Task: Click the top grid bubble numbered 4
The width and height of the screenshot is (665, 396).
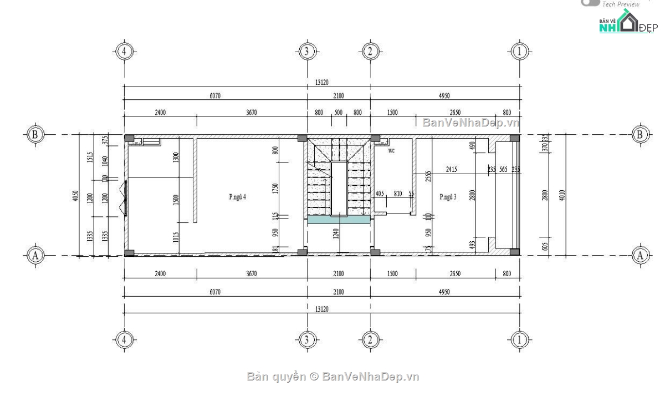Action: click(124, 52)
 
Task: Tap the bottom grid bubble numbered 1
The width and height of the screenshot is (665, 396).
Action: click(519, 339)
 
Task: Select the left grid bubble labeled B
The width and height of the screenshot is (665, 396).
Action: click(35, 134)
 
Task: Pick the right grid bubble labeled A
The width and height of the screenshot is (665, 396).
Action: click(641, 255)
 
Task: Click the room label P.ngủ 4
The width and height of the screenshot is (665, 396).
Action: click(237, 197)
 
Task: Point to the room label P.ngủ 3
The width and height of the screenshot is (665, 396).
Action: click(448, 197)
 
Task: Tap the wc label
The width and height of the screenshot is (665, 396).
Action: click(391, 150)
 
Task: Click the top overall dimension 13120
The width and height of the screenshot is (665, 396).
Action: click(322, 82)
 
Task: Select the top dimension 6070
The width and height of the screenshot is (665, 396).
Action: click(216, 96)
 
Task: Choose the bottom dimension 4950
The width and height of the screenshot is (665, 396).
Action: click(444, 291)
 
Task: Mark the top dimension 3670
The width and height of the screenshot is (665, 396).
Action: click(251, 113)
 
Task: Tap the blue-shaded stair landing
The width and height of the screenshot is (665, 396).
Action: click(337, 220)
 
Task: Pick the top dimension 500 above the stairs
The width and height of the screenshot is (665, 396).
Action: click(338, 113)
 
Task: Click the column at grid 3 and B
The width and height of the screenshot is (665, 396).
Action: click(303, 138)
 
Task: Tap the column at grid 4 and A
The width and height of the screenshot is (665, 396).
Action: click(129, 253)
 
